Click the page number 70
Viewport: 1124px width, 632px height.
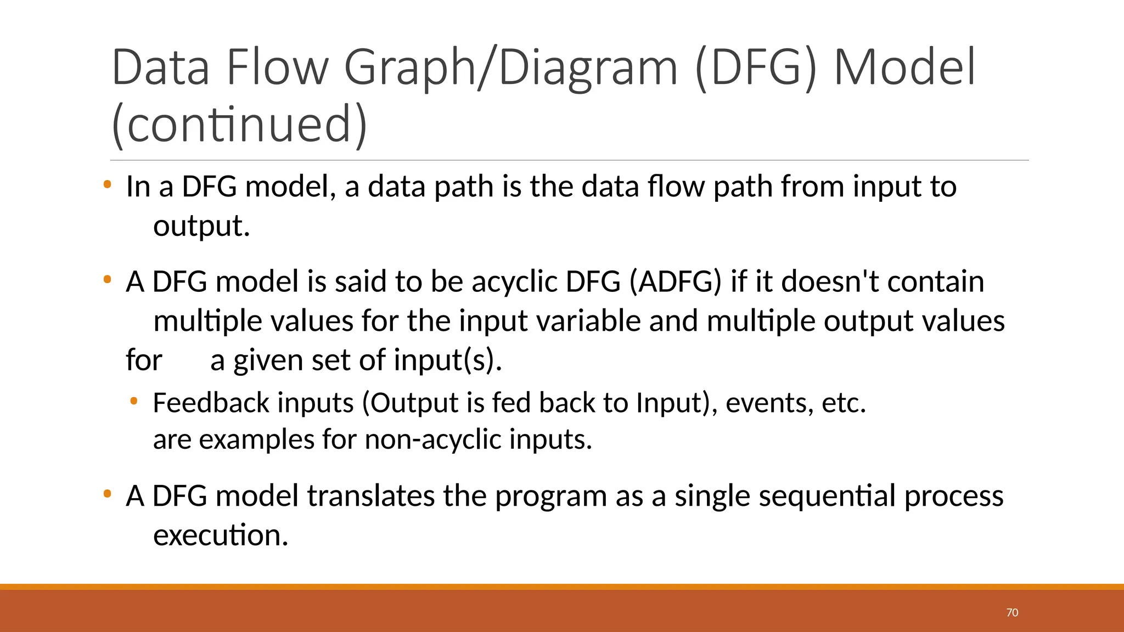(1012, 613)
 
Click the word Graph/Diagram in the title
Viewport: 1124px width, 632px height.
(511, 68)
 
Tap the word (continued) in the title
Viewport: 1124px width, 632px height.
(239, 125)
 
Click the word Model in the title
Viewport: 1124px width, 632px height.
(904, 68)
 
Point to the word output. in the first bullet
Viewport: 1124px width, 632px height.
(201, 226)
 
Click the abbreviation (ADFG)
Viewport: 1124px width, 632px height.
(675, 282)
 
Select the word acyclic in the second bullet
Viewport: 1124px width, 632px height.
(514, 282)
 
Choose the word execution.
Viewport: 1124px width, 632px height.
(221, 535)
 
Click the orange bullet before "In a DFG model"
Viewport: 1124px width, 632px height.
(107, 185)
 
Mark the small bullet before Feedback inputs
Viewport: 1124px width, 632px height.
(133, 402)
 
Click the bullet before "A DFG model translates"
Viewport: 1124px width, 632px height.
(107, 494)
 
